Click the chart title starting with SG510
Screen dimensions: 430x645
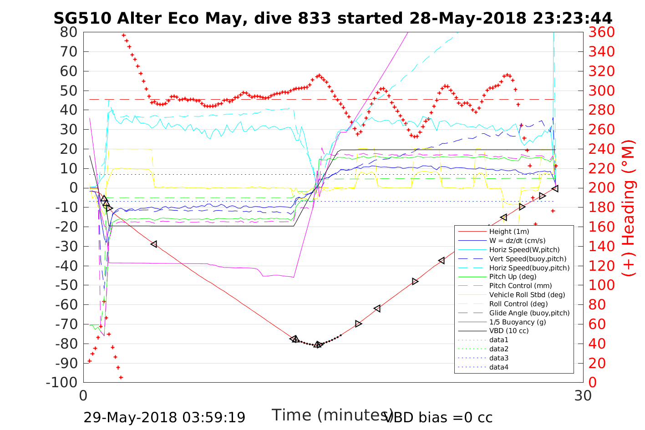point(333,18)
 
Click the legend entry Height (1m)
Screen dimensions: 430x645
point(509,232)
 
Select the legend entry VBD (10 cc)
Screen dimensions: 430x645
point(509,331)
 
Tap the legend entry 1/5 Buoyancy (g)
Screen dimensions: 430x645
point(518,322)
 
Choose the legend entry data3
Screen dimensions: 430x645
point(498,358)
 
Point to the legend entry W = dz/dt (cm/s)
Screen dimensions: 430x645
point(517,241)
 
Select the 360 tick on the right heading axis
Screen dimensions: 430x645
point(601,32)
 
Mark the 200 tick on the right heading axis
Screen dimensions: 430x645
point(601,188)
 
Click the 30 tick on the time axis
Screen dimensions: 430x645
point(583,396)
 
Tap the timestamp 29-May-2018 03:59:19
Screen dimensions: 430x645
point(164,417)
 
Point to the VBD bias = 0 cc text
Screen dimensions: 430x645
point(438,417)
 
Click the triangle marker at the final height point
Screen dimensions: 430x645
point(555,188)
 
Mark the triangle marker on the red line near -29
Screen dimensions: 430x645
point(154,244)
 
